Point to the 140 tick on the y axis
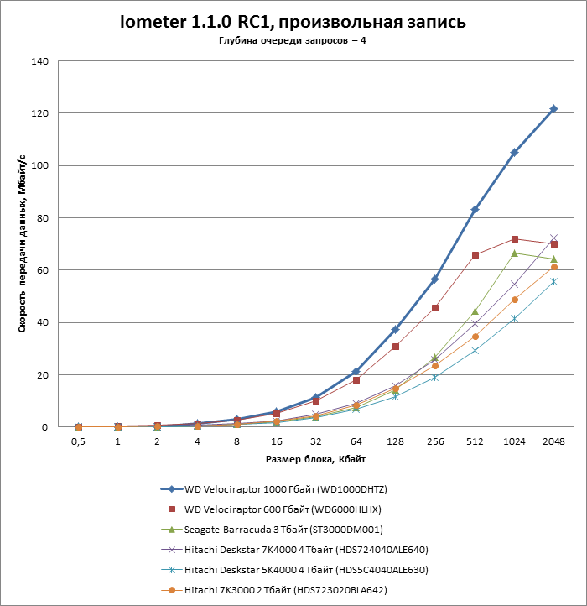click(39, 61)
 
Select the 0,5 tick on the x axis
click(78, 441)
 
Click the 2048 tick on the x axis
click(553, 441)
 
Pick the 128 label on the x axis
click(395, 441)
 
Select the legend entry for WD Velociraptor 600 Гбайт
click(283, 509)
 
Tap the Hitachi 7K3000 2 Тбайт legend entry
click(285, 590)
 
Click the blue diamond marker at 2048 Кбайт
click(553, 109)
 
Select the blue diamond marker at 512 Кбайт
click(475, 209)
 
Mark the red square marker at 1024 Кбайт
click(514, 239)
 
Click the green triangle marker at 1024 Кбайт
click(514, 253)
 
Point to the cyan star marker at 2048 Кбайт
click(553, 281)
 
